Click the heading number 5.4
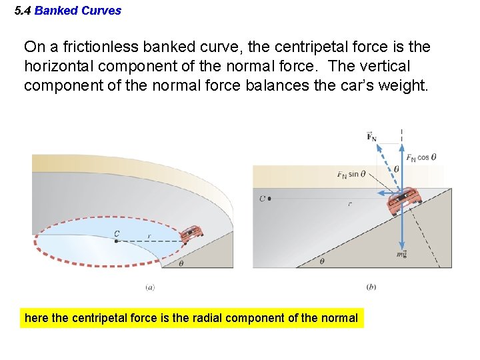(x=23, y=11)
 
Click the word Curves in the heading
(x=104, y=11)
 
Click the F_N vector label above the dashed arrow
(x=372, y=137)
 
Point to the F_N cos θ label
(x=421, y=158)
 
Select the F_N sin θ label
(x=351, y=175)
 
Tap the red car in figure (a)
(x=192, y=233)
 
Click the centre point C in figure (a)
(x=117, y=240)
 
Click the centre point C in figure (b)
(x=268, y=198)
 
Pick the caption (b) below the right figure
(x=371, y=287)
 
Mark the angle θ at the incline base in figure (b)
(x=322, y=261)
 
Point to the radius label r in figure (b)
(x=349, y=204)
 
